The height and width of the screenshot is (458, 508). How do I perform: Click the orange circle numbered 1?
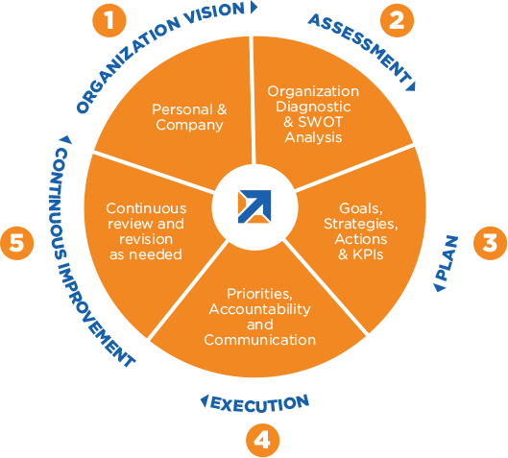pyautogui.click(x=109, y=20)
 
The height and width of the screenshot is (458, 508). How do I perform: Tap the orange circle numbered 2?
pyautogui.click(x=397, y=20)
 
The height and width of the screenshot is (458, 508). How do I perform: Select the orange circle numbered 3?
pyautogui.click(x=490, y=243)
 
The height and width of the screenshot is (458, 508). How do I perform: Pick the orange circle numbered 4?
pyautogui.click(x=262, y=441)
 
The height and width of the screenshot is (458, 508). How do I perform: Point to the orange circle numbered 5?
pyautogui.click(x=17, y=243)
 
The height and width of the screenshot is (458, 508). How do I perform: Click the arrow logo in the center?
pyautogui.click(x=254, y=206)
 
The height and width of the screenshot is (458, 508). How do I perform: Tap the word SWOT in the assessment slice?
pyautogui.click(x=320, y=122)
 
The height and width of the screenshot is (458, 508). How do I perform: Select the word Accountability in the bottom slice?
pyautogui.click(x=259, y=309)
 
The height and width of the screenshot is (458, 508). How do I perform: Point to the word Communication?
pyautogui.click(x=260, y=340)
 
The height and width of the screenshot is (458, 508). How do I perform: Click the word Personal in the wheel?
pyautogui.click(x=182, y=109)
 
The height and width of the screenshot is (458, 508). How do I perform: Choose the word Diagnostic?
pyautogui.click(x=313, y=107)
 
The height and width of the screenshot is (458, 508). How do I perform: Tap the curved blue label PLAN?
pyautogui.click(x=448, y=258)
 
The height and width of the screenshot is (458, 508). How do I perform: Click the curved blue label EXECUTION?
pyautogui.click(x=260, y=404)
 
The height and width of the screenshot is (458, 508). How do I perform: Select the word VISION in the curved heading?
pyautogui.click(x=214, y=14)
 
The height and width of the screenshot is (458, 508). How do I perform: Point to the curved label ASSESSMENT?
pyautogui.click(x=359, y=48)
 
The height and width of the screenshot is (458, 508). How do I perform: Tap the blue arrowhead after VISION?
pyautogui.click(x=254, y=7)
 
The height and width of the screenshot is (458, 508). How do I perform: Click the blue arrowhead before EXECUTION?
pyautogui.click(x=205, y=401)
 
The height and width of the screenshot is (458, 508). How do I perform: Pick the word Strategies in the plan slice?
pyautogui.click(x=361, y=224)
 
